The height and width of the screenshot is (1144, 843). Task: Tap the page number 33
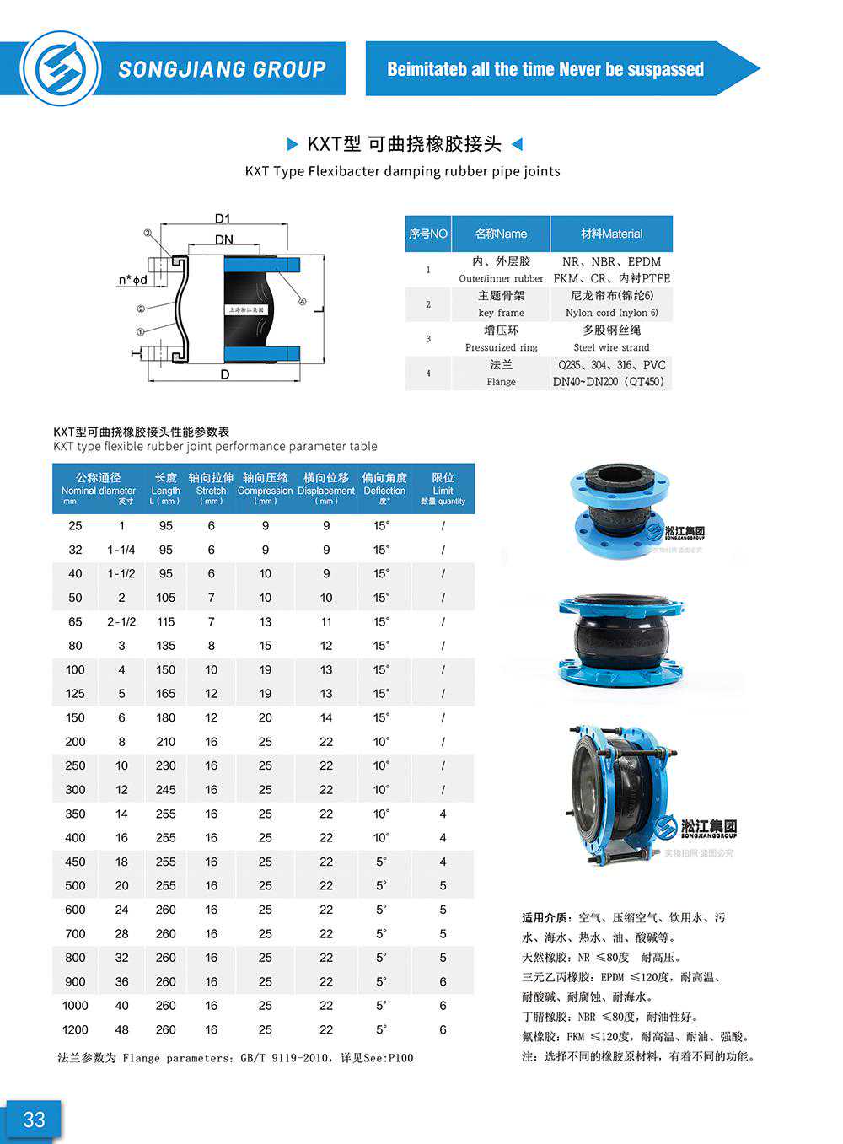(x=34, y=1120)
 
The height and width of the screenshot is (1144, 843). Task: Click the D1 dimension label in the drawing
(x=222, y=218)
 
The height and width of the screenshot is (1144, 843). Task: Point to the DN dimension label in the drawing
(x=223, y=239)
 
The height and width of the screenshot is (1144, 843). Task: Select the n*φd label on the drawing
(x=132, y=280)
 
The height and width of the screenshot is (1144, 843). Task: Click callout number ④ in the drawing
(x=303, y=302)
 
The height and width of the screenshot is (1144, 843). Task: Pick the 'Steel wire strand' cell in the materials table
(x=611, y=347)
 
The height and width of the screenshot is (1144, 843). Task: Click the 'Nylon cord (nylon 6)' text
(x=611, y=313)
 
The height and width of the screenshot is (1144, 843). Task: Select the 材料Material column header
(x=611, y=234)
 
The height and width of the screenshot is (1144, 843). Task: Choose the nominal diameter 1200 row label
(x=75, y=1029)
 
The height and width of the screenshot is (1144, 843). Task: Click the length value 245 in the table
(x=166, y=790)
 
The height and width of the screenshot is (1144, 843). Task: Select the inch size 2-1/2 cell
(x=121, y=621)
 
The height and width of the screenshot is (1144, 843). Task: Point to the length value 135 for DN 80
(x=166, y=646)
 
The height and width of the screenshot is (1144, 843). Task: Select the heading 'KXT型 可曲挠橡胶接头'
(x=405, y=144)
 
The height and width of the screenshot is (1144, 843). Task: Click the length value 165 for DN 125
(x=166, y=694)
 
